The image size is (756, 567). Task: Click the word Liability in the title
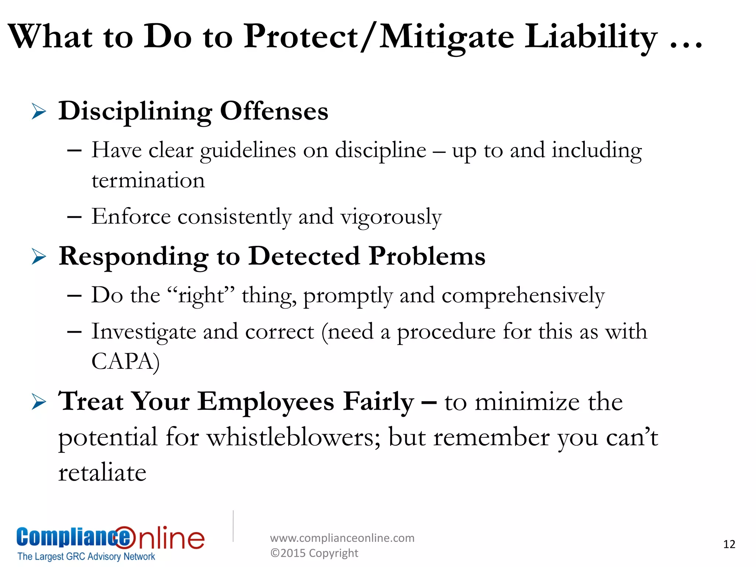(x=591, y=37)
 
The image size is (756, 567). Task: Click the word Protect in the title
(x=301, y=37)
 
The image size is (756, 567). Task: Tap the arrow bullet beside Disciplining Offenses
(x=39, y=111)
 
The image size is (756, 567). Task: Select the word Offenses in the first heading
(x=274, y=111)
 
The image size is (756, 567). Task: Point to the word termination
(x=148, y=181)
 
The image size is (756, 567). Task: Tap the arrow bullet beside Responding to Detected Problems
(x=39, y=257)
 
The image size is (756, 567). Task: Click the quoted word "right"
(x=201, y=296)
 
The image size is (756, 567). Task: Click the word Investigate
(x=144, y=332)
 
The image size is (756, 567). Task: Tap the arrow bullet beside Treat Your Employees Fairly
(x=39, y=402)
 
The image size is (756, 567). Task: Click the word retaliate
(x=102, y=473)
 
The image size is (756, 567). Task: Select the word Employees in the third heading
(x=266, y=402)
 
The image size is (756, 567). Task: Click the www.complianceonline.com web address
(x=342, y=538)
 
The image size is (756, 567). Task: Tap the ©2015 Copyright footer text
(x=314, y=553)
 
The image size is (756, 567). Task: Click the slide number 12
(x=729, y=544)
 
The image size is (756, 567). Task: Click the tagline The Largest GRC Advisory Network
(x=86, y=557)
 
